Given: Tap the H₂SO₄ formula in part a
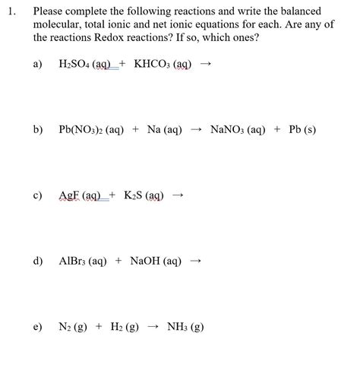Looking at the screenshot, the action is (74, 65).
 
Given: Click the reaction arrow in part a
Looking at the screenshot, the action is (203, 65).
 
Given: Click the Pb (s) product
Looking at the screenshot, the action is (303, 130).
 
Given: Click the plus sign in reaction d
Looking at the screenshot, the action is (118, 261).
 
